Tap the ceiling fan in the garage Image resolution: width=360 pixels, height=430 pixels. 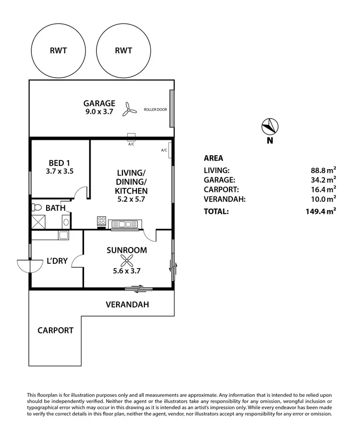point(128,110)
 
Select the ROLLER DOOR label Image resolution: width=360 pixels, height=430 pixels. point(156,110)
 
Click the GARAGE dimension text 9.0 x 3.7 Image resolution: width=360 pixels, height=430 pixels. point(99,112)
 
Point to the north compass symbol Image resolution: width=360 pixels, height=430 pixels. point(270,126)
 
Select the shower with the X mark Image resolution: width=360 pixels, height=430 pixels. point(38,221)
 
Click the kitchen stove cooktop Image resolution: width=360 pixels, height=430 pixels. point(102,221)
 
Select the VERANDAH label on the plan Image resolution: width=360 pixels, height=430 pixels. point(127,305)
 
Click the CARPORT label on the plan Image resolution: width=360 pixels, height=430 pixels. point(56,331)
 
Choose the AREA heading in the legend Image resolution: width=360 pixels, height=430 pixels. point(214,158)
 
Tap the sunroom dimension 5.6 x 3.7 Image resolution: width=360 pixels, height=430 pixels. point(127,271)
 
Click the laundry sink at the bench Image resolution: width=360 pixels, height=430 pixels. point(62,235)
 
